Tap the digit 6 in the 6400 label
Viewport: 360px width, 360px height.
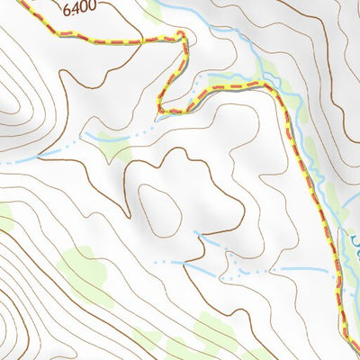67,6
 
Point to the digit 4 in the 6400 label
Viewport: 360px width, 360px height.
76,6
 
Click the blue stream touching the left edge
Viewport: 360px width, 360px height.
18,159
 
